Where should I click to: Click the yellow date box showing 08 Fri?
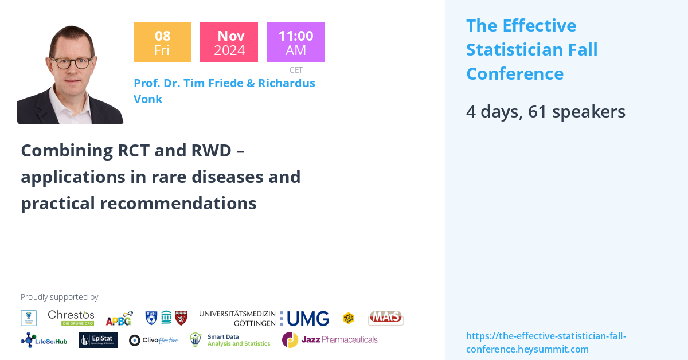[x=162, y=42]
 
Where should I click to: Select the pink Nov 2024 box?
[x=229, y=42]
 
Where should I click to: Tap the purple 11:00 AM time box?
[x=295, y=42]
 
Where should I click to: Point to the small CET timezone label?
[x=296, y=70]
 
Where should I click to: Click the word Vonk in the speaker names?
[x=148, y=99]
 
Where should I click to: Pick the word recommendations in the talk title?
[x=178, y=203]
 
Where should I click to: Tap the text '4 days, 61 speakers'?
[x=545, y=111]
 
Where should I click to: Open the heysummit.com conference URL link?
[x=546, y=342]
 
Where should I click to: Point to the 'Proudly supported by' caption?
[x=59, y=297]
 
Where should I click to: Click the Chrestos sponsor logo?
[x=71, y=318]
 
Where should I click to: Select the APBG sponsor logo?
[x=119, y=318]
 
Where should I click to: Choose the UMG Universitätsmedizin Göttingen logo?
[x=264, y=318]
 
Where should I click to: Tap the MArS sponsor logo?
[x=385, y=318]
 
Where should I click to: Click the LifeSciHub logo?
[x=44, y=340]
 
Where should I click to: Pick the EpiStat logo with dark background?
[x=98, y=340]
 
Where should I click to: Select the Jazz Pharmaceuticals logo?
[x=330, y=339]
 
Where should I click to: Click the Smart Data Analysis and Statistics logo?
[x=230, y=340]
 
